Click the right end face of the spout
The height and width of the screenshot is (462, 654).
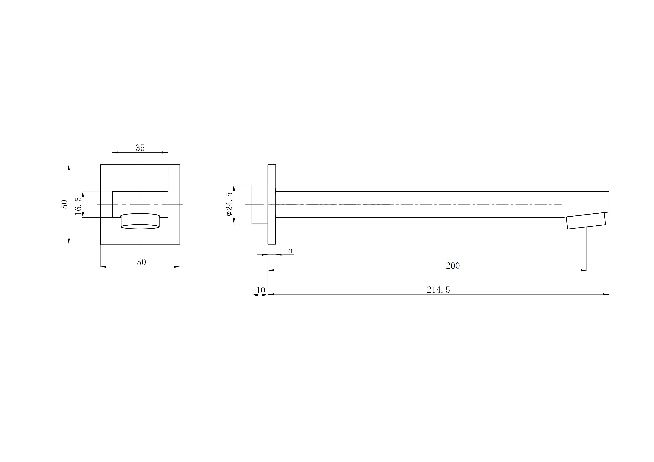609,202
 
